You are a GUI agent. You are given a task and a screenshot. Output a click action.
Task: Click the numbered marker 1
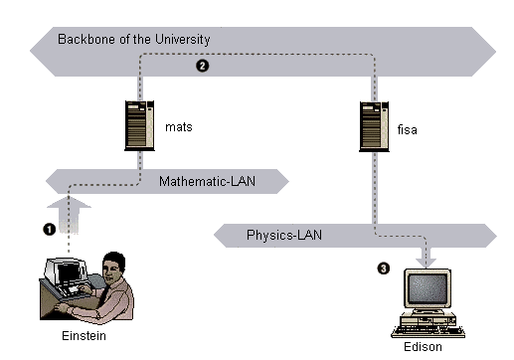(50, 230)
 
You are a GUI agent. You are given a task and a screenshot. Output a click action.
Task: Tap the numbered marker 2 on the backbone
(202, 66)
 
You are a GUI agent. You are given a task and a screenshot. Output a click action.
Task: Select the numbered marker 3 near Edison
(384, 269)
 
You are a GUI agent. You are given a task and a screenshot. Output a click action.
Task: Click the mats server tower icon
(139, 125)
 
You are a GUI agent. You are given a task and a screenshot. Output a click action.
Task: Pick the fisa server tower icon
(374, 126)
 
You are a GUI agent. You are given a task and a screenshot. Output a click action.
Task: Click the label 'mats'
(179, 127)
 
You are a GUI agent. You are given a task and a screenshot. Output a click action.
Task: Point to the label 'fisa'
(407, 129)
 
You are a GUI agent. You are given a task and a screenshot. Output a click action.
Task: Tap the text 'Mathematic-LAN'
(207, 181)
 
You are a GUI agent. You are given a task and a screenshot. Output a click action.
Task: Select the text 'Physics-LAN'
(284, 235)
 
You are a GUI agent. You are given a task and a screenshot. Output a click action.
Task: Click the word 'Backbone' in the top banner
(87, 39)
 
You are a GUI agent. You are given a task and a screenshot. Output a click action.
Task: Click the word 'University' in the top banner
(183, 40)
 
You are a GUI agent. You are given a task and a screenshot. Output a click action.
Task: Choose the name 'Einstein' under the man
(84, 336)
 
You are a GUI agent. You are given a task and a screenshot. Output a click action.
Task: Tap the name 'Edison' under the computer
(423, 347)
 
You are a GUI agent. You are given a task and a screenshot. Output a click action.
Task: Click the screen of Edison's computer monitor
(428, 287)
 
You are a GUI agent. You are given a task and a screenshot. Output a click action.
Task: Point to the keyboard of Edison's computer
(428, 332)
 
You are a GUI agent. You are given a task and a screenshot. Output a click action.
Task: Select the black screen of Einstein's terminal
(70, 272)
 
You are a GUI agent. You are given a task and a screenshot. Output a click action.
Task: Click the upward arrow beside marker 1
(69, 215)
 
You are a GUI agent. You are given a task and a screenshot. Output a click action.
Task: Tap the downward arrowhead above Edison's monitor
(427, 263)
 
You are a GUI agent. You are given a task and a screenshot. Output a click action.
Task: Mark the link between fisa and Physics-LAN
(375, 188)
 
